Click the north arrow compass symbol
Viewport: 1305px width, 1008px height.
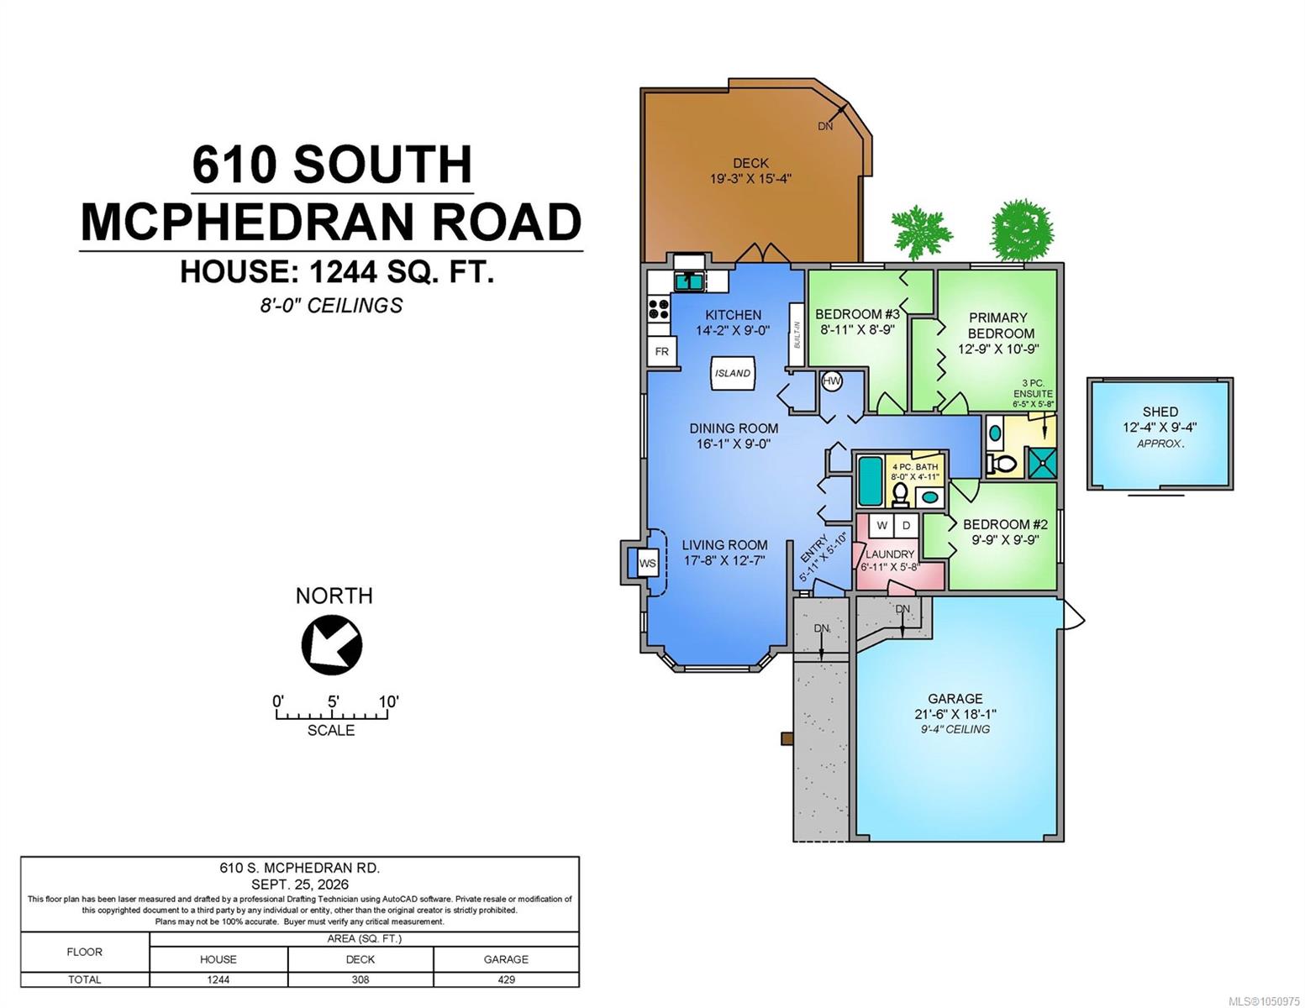[x=332, y=644]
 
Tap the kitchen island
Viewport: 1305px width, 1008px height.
[x=732, y=374]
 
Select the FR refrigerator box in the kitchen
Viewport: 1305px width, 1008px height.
[x=662, y=351]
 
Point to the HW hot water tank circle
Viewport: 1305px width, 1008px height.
[x=831, y=381]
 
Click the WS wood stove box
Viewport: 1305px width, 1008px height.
[x=647, y=563]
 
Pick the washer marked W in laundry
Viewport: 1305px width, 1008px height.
[x=881, y=525]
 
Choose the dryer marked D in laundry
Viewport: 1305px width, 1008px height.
[x=906, y=525]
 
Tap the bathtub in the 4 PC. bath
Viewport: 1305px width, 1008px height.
[x=871, y=480]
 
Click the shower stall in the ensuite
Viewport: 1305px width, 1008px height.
[x=1042, y=462]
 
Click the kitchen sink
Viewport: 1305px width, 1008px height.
[x=689, y=281]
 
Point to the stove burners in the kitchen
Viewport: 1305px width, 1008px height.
[x=659, y=310]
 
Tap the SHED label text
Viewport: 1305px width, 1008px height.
[x=1160, y=412]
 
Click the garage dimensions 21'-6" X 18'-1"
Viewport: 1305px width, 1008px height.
[x=955, y=714]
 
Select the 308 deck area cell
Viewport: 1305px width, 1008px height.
[x=360, y=979]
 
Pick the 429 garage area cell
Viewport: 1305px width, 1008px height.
[x=506, y=979]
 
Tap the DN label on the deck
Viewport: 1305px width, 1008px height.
[x=825, y=126]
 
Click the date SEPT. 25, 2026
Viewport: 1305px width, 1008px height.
[x=300, y=885]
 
